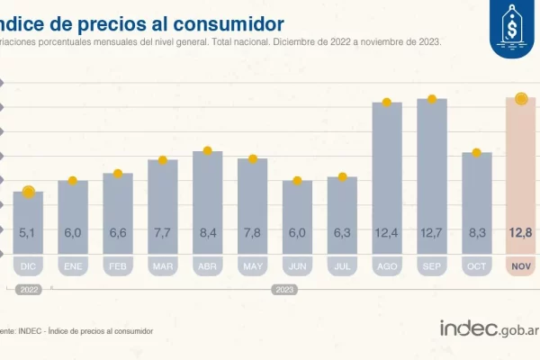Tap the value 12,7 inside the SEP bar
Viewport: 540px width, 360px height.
pyautogui.click(x=432, y=233)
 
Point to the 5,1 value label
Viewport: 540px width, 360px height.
pyautogui.click(x=28, y=233)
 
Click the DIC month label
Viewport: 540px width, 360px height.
pyautogui.click(x=28, y=266)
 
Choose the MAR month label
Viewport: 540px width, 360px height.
pyautogui.click(x=163, y=266)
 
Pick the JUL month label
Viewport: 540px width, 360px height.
pyautogui.click(x=343, y=266)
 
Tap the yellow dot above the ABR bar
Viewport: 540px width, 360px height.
pyautogui.click(x=208, y=151)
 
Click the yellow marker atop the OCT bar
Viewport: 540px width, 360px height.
pyautogui.click(x=477, y=152)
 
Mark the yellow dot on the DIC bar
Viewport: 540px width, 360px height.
pyautogui.click(x=28, y=192)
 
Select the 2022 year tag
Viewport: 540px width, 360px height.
pyautogui.click(x=29, y=290)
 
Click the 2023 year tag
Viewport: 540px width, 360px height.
pyautogui.click(x=284, y=290)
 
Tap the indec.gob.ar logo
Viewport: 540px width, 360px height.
pyautogui.click(x=487, y=328)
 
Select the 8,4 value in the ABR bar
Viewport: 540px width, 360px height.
pyautogui.click(x=208, y=233)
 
